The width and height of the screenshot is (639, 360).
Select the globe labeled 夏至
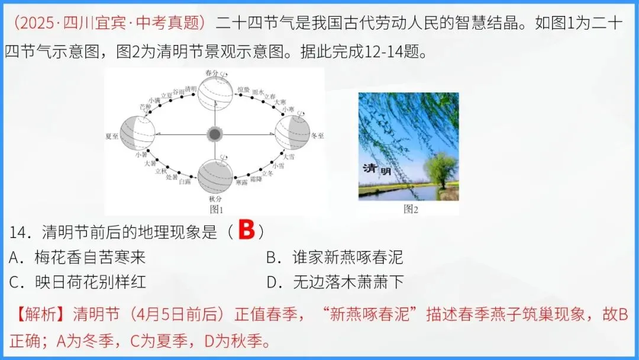(x=137, y=134)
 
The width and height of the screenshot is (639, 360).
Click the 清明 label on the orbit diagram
(x=191, y=89)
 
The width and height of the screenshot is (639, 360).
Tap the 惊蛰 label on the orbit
(x=243, y=89)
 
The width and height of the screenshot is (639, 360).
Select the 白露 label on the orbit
(x=185, y=181)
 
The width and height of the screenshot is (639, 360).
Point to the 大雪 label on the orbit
(x=288, y=157)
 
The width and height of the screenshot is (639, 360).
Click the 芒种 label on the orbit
(x=145, y=107)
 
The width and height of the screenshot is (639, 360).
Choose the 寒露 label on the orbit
(x=241, y=183)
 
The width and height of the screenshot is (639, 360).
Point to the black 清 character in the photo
(x=369, y=168)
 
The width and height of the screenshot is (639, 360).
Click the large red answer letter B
(x=246, y=232)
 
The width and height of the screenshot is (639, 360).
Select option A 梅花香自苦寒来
(x=78, y=258)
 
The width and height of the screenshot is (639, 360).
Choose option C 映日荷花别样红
(x=78, y=282)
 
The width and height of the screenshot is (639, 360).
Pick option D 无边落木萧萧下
(x=335, y=282)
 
